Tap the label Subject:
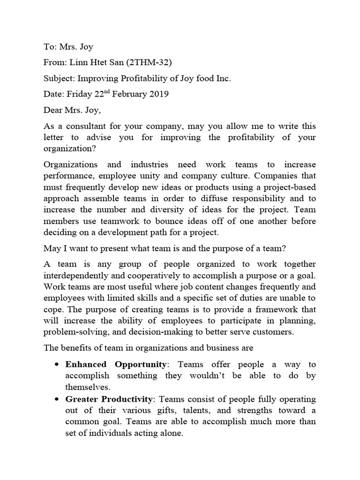pyautogui.click(x=59, y=78)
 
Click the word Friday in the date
pyautogui.click(x=80, y=94)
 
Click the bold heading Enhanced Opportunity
pyautogui.click(x=116, y=364)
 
